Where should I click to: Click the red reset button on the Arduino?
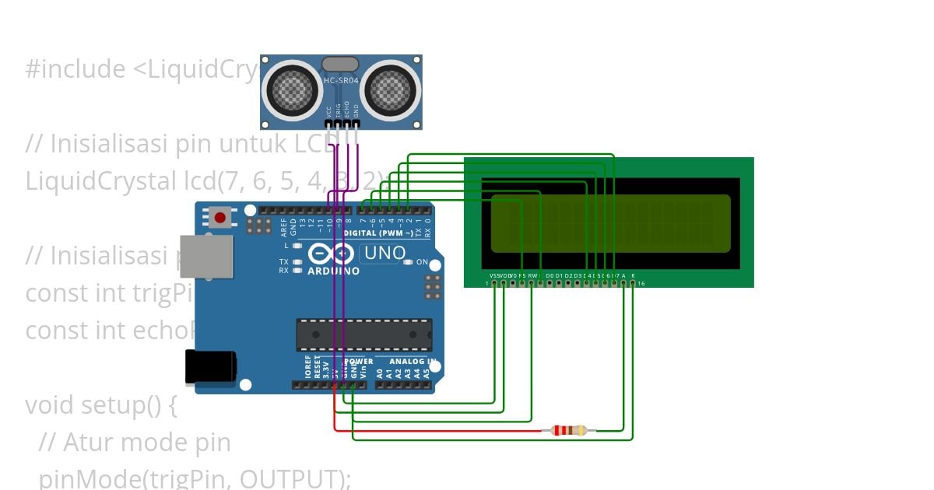click(220, 218)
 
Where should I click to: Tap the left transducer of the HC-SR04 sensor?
click(291, 91)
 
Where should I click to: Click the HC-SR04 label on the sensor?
click(341, 81)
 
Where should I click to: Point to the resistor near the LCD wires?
click(568, 430)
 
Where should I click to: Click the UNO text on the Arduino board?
click(385, 253)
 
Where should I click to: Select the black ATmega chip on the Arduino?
click(363, 334)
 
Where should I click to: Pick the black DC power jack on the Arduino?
click(210, 366)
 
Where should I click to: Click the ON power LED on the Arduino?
click(408, 262)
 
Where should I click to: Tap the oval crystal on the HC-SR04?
click(340, 65)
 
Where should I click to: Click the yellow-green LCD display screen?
click(610, 223)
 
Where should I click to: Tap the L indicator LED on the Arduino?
click(297, 245)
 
